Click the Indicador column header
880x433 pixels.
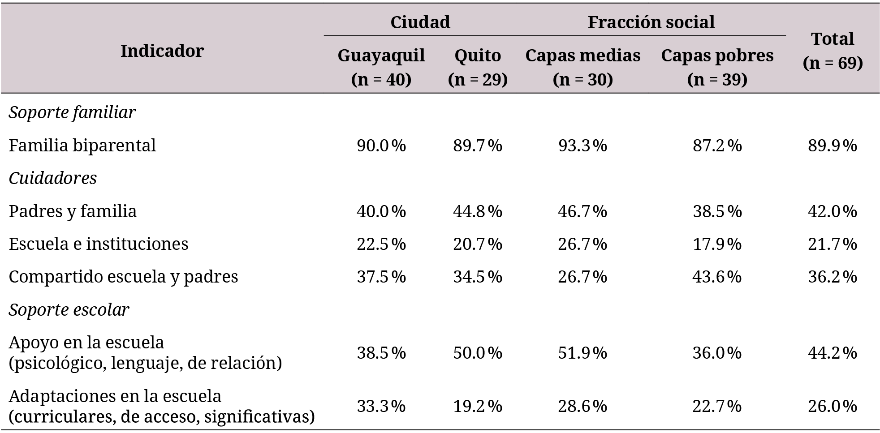click(x=162, y=51)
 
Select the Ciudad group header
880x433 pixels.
click(x=420, y=22)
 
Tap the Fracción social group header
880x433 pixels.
click(x=651, y=22)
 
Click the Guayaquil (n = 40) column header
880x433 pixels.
click(x=381, y=67)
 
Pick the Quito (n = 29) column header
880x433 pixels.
click(x=478, y=67)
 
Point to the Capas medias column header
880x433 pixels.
click(x=582, y=67)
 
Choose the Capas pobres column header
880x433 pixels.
click(x=717, y=67)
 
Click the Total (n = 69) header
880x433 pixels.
click(x=833, y=51)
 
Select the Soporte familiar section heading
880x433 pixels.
click(x=72, y=112)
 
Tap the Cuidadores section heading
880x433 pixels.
click(x=52, y=178)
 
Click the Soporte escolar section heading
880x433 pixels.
click(x=69, y=309)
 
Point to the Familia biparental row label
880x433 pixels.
click(x=82, y=145)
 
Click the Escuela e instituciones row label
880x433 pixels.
click(x=98, y=244)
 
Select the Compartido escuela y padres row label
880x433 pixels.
click(x=123, y=276)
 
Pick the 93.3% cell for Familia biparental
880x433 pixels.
click(x=582, y=145)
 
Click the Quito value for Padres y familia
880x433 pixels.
click(x=478, y=211)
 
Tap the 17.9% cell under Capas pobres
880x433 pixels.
click(x=717, y=244)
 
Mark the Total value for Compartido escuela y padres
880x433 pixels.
click(x=833, y=276)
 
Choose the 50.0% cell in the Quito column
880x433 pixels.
click(x=478, y=353)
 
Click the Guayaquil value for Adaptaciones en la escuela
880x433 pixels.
click(x=381, y=406)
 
